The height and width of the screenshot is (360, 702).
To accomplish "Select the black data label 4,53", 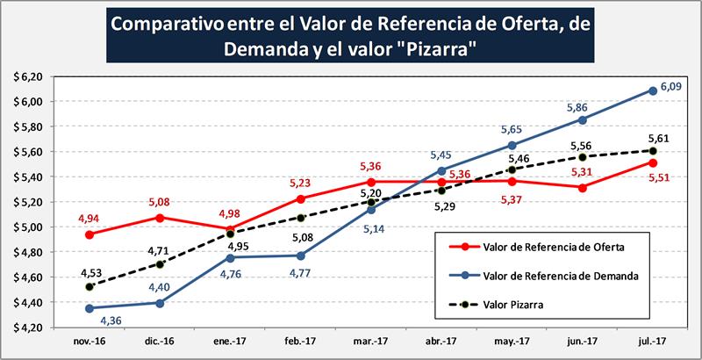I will pos(90,271).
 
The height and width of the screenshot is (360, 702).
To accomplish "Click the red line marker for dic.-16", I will pos(159,217).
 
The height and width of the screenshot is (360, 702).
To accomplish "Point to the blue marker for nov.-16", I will pos(89,307).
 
